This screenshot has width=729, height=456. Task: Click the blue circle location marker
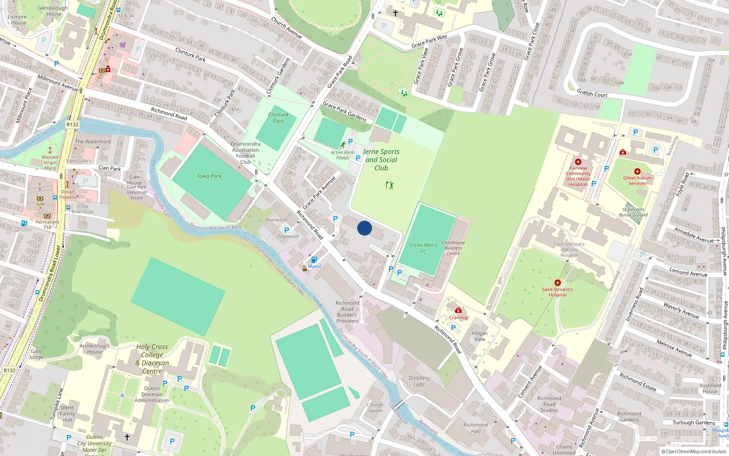point(364,228)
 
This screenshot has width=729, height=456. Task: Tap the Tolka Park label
point(209,176)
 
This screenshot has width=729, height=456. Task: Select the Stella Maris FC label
point(423,248)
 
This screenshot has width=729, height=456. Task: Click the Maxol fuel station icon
point(314,259)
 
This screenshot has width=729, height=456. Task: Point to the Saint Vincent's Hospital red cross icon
point(557,283)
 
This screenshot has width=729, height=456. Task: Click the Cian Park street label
point(110,168)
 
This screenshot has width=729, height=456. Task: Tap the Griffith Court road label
point(592,93)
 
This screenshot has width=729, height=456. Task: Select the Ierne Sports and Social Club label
point(381,160)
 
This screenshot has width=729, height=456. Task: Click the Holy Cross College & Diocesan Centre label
point(152,359)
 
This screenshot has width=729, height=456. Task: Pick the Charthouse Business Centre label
point(453,248)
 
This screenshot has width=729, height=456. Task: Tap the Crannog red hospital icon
point(458,311)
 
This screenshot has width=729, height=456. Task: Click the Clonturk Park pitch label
point(278,118)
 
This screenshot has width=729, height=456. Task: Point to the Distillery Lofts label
point(419,381)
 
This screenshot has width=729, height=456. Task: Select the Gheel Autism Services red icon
point(637,171)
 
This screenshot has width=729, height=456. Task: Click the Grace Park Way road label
point(429,41)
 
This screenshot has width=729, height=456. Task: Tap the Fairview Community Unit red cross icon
point(578,162)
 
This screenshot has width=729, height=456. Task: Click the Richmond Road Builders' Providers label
point(347,312)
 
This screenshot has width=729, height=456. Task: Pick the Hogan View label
point(480,336)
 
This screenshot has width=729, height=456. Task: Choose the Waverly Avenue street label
point(681,311)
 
